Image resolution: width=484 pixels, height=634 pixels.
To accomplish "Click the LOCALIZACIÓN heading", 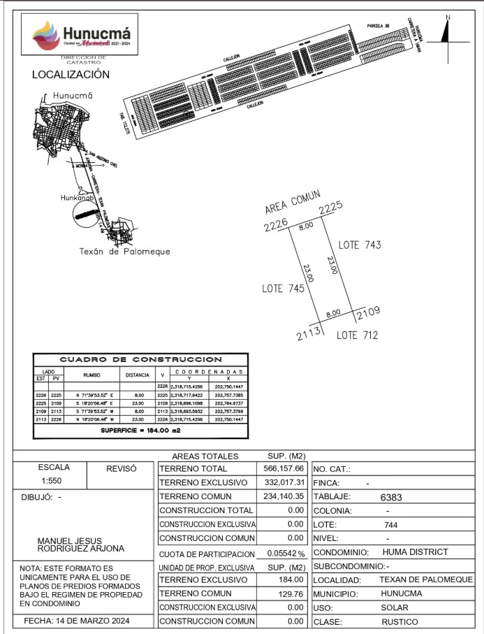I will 71,75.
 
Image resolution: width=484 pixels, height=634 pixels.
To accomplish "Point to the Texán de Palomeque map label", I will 124,252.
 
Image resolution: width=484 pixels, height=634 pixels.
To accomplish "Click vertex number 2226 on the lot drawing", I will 276,226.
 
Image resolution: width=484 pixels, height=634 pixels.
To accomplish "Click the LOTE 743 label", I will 360,245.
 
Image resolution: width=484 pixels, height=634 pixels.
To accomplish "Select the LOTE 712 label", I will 357,336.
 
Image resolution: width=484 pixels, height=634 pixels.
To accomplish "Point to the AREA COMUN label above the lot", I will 292,203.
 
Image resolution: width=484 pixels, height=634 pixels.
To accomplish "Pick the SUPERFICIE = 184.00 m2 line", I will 142,430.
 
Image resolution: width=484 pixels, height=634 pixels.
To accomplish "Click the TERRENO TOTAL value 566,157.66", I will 286,469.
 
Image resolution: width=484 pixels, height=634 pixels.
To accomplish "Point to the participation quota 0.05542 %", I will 287,553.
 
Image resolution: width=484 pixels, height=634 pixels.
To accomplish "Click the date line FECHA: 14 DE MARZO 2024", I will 77,621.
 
